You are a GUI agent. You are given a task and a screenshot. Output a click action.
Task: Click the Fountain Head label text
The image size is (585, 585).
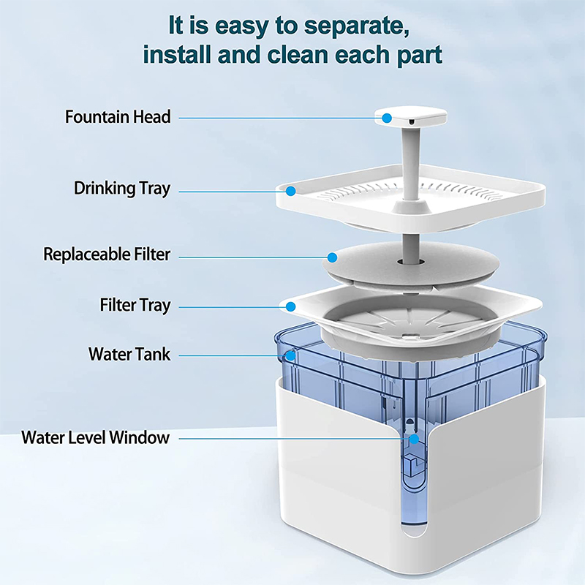click(x=118, y=117)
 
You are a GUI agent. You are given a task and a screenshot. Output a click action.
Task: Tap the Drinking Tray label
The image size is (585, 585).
click(x=121, y=189)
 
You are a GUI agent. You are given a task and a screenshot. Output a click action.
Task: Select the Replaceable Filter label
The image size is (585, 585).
click(x=107, y=254)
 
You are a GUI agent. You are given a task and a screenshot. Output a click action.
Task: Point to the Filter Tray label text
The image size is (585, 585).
click(x=135, y=305)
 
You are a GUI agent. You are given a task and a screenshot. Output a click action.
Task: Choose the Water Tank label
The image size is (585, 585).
click(x=129, y=355)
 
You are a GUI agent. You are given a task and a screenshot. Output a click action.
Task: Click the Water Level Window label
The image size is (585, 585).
click(x=95, y=438)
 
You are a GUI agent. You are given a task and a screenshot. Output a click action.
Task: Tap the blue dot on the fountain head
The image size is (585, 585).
click(x=386, y=117)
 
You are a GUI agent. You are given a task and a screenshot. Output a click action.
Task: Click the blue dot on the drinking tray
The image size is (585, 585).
click(x=290, y=192)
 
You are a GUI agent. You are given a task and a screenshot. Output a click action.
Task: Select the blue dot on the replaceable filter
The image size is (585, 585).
click(x=332, y=257)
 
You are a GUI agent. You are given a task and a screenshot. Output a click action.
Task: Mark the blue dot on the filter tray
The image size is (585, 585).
click(x=291, y=306)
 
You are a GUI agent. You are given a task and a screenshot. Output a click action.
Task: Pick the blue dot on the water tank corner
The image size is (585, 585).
click(x=290, y=356)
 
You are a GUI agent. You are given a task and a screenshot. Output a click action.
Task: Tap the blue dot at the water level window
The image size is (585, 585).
click(x=414, y=439)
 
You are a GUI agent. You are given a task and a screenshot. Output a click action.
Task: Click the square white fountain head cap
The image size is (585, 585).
click(x=407, y=116)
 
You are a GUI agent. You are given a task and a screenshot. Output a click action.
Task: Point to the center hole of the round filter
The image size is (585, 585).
click(x=404, y=260)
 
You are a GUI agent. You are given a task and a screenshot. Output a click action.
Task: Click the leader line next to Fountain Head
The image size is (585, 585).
click(x=278, y=117)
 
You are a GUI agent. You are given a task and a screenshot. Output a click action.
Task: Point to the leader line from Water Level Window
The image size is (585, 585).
click(x=292, y=439)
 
